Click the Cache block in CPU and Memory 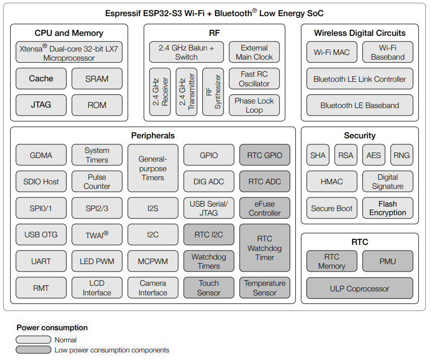41,79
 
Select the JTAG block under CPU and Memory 41,105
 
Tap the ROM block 97,105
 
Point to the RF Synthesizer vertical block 213,92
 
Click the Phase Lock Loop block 254,105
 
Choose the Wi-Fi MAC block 332,52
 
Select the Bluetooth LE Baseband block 360,105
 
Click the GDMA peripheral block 41,155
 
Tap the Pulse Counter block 97,181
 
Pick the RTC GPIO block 264,155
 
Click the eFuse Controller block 264,208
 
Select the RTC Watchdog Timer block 264,248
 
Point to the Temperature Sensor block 264,288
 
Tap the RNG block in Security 402,155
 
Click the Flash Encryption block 388,208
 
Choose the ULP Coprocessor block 360,288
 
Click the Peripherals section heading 153,136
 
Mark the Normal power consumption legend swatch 33,340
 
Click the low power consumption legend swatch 33,350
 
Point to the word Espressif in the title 123,14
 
